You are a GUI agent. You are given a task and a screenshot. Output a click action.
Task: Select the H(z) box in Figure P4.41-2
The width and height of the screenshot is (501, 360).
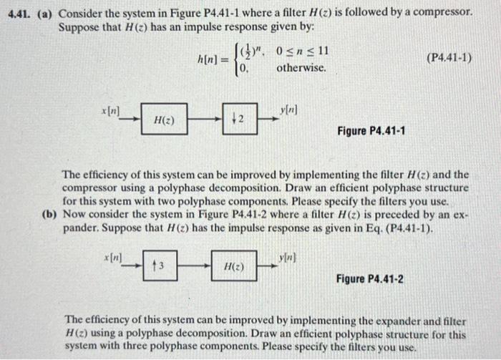[x=233, y=266]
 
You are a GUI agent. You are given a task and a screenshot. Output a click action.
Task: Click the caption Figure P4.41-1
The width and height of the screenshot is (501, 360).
[x=370, y=131]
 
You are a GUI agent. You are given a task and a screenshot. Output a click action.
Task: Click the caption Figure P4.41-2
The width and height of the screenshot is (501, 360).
[x=369, y=278]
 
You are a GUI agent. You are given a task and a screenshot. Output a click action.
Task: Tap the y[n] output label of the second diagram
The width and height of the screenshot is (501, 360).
[x=286, y=257]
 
